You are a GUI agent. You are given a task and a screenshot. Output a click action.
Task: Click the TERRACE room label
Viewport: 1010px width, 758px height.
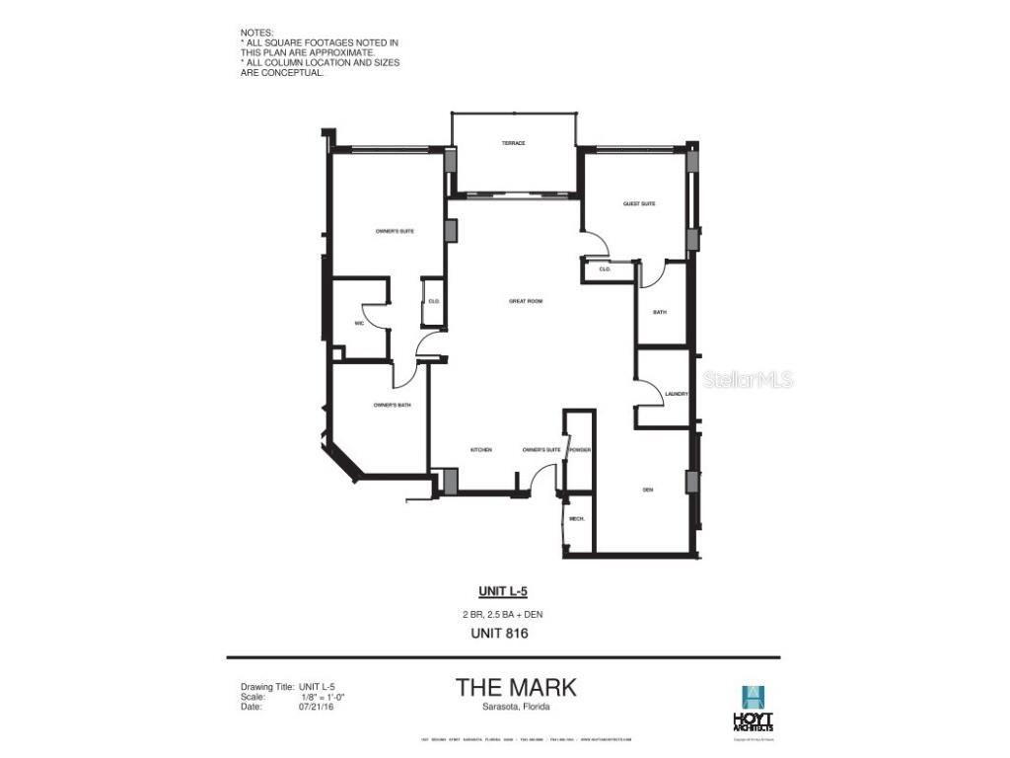513,144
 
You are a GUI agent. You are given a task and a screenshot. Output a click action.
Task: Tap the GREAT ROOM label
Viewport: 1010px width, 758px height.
526,301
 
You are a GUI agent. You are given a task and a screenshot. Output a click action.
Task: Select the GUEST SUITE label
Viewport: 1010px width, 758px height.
639,204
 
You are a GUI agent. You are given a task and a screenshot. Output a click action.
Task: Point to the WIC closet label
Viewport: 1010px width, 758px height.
360,324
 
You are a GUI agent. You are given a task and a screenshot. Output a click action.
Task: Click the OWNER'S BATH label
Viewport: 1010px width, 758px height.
392,405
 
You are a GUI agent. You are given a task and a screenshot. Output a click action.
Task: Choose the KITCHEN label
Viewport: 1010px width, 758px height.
481,450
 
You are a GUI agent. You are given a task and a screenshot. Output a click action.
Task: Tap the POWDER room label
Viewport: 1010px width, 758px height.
579,450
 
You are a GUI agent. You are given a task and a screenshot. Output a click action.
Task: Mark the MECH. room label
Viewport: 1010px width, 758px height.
577,519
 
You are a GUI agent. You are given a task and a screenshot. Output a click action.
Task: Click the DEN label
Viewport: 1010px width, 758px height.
648,490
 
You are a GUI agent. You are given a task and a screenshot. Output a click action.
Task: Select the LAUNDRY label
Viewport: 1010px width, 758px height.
676,395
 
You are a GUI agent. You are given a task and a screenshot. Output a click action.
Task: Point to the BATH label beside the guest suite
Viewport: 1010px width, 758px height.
660,312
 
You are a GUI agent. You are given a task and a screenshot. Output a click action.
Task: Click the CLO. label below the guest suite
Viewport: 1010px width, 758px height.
605,268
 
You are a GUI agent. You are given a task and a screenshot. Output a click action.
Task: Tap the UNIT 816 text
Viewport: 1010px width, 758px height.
503,634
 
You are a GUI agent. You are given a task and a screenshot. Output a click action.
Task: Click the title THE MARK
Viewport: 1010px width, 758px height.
516,687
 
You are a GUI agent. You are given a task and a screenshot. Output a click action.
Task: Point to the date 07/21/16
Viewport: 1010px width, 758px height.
315,706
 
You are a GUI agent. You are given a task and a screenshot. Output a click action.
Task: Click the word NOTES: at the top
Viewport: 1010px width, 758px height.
257,33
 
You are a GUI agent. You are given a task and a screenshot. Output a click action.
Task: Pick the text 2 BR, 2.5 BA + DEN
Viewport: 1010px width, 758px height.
503,614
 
